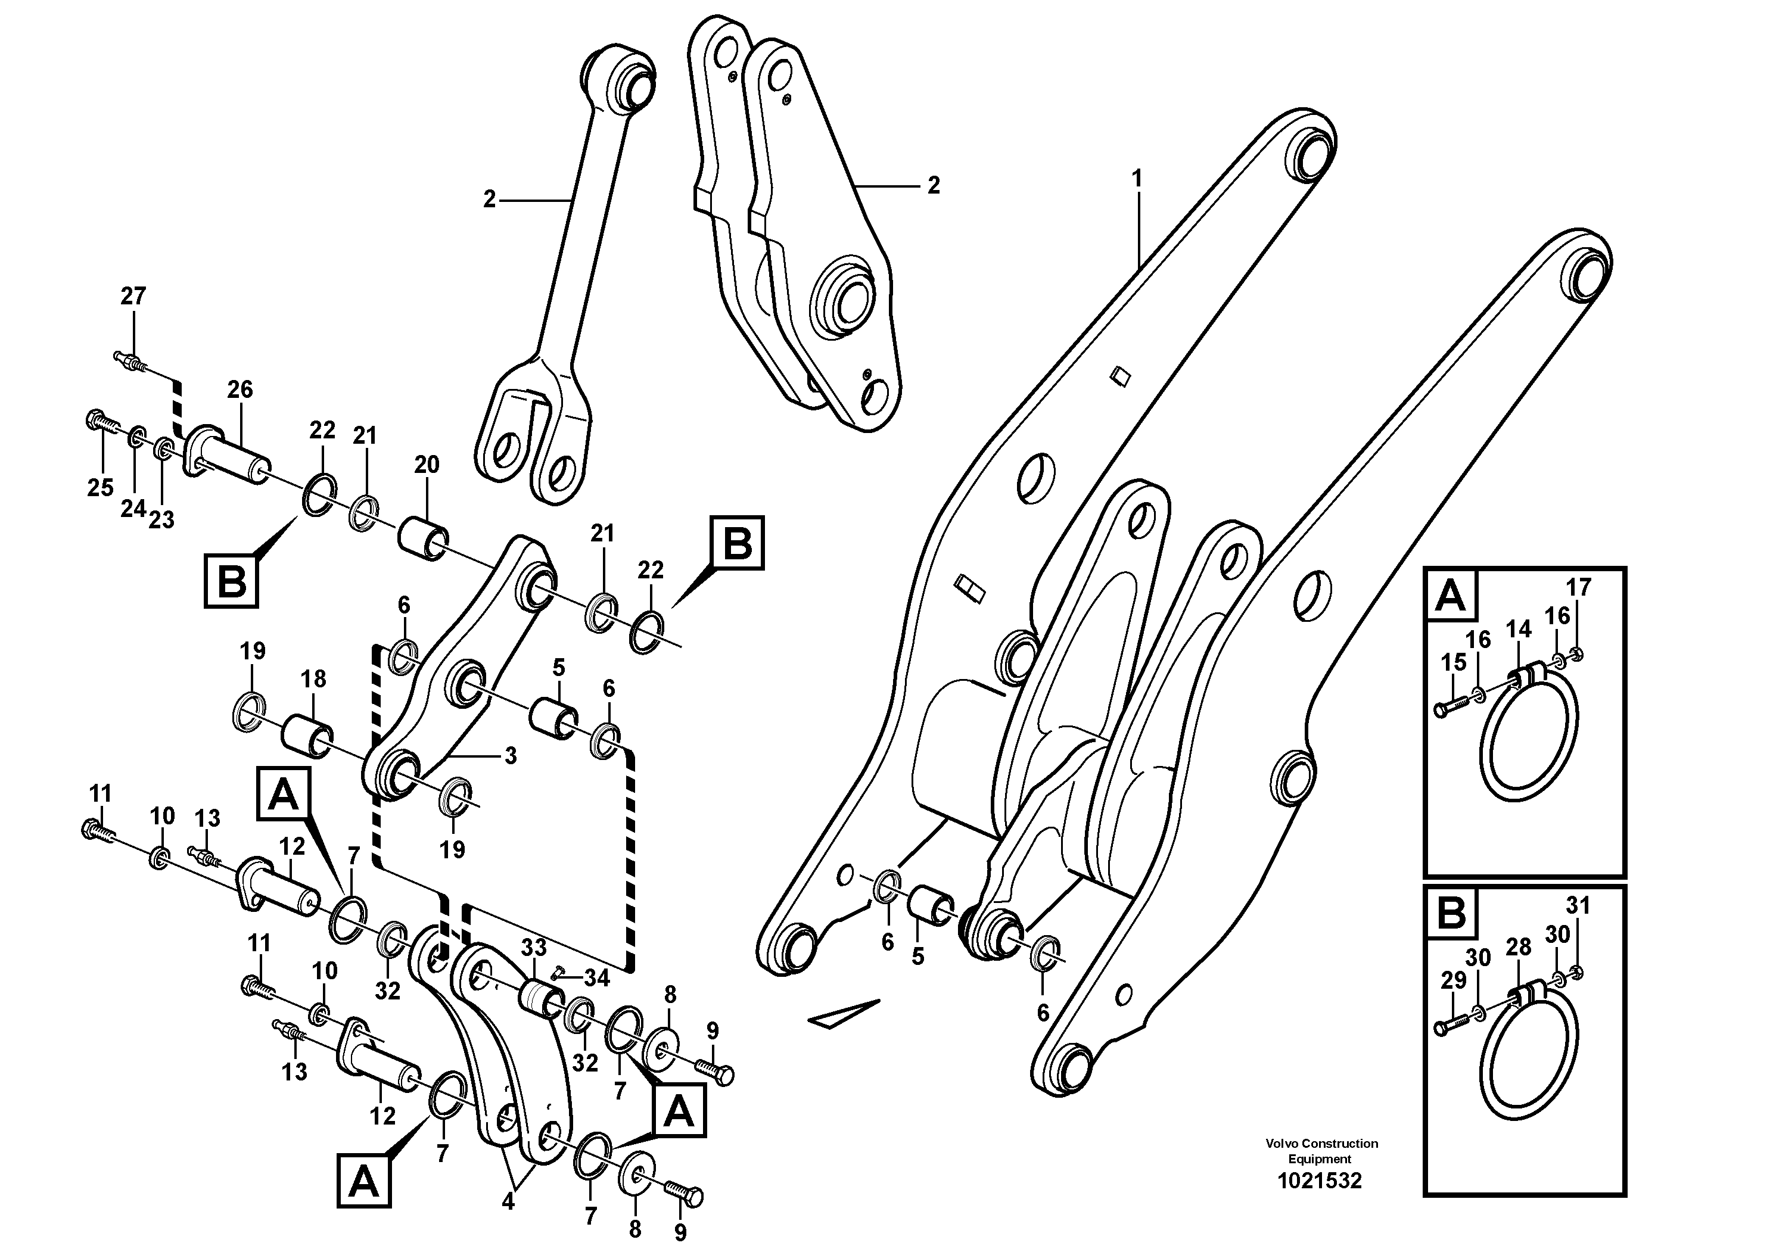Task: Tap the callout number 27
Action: click(x=133, y=297)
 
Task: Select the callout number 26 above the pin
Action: click(x=239, y=390)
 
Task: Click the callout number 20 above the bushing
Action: click(x=426, y=464)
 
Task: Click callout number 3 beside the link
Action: click(x=511, y=756)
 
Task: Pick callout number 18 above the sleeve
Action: click(x=313, y=679)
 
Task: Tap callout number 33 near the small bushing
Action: click(x=534, y=947)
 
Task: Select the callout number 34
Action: click(x=597, y=979)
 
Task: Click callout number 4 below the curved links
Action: click(x=508, y=1203)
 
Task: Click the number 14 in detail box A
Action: click(x=1518, y=630)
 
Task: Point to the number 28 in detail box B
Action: click(x=1518, y=948)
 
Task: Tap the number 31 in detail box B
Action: click(x=1578, y=905)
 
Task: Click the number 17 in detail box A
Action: click(x=1578, y=587)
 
